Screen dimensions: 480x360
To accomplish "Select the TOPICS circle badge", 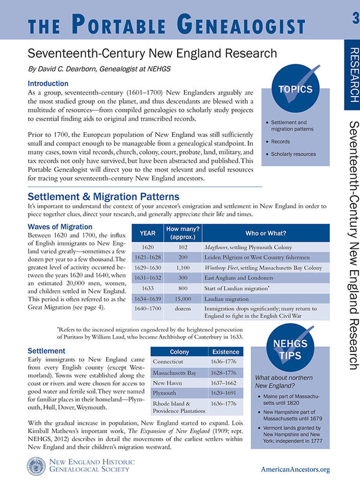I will point(295,89).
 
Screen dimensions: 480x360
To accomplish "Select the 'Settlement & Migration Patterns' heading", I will point(103,196).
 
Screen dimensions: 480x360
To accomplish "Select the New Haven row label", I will point(168,383).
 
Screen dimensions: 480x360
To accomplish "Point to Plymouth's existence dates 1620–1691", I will point(217,393).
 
